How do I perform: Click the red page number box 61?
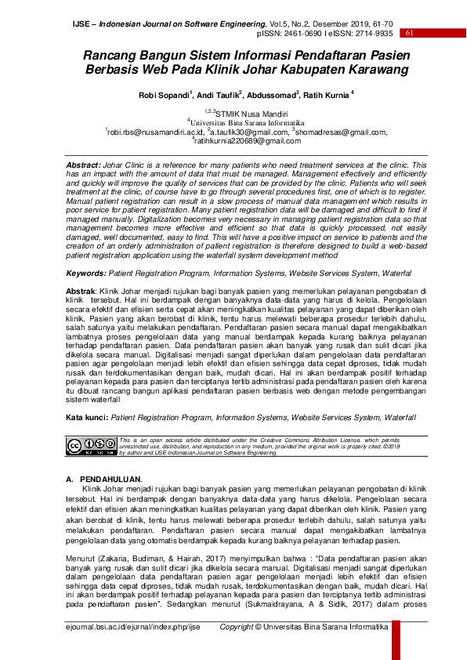[x=409, y=34]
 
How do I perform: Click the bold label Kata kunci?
[x=86, y=418]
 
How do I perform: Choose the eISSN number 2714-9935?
[x=373, y=34]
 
